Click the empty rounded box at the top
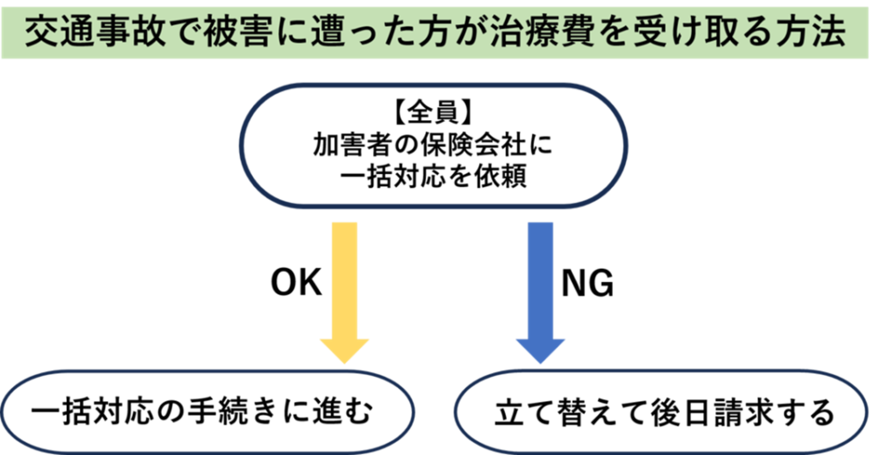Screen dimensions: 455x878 point(433,145)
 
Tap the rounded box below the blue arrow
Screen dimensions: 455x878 point(661,412)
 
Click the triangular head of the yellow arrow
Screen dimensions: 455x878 point(344,350)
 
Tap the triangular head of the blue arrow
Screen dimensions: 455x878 point(540,350)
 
